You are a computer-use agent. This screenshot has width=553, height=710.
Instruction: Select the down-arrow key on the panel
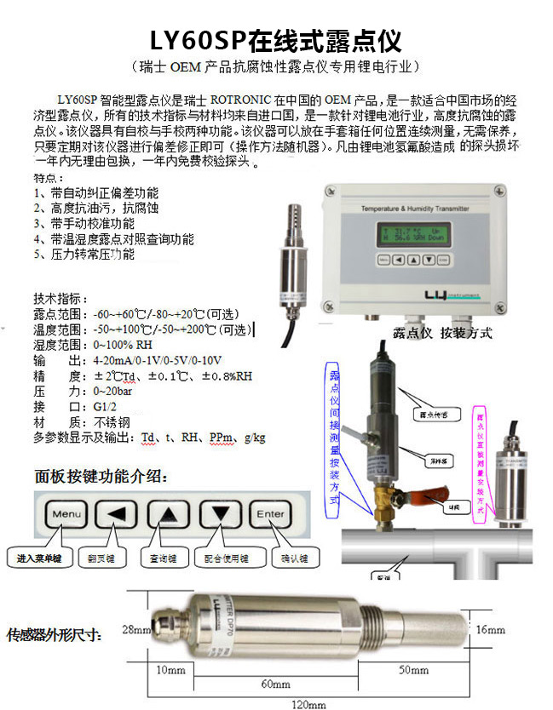[221, 513]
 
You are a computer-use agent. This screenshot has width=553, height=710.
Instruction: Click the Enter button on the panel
[271, 513]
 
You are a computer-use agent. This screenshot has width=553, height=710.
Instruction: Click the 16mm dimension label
[491, 629]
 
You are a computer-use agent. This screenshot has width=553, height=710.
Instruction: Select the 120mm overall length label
[309, 704]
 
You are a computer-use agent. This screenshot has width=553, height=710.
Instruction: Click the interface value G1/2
[106, 407]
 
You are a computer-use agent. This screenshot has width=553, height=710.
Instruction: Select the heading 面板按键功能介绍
[101, 475]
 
